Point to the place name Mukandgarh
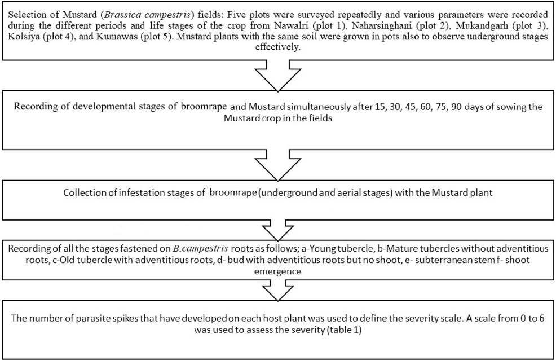click(x=492, y=27)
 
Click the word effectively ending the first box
click(x=278, y=47)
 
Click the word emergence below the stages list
click(x=277, y=272)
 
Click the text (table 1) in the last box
click(x=343, y=330)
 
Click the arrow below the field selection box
click(x=278, y=76)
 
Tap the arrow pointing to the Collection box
click(x=278, y=165)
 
